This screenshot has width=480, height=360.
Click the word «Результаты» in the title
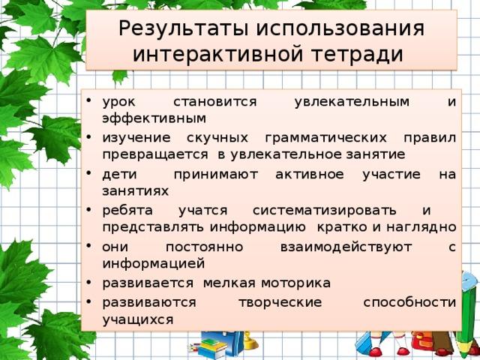click(x=183, y=29)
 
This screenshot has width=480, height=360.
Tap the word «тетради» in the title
click(x=357, y=54)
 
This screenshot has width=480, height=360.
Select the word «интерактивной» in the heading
click(x=217, y=54)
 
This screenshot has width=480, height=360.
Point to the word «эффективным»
click(x=154, y=118)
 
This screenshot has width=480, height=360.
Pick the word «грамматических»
click(x=326, y=138)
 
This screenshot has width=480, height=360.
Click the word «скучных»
click(x=217, y=138)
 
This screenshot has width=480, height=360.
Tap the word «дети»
click(x=120, y=175)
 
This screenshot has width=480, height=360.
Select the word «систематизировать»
click(x=325, y=210)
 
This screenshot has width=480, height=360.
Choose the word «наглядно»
click(x=421, y=227)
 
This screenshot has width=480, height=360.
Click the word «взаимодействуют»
click(x=346, y=247)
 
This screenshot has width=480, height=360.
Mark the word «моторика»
click(x=295, y=283)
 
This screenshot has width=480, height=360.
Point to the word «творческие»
click(x=280, y=302)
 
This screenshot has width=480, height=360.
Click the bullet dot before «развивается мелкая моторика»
click(x=88, y=282)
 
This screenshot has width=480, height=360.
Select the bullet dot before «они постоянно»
click(x=88, y=246)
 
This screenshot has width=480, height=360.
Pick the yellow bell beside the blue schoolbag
click(x=250, y=341)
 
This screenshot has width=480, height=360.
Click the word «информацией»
click(x=153, y=264)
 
